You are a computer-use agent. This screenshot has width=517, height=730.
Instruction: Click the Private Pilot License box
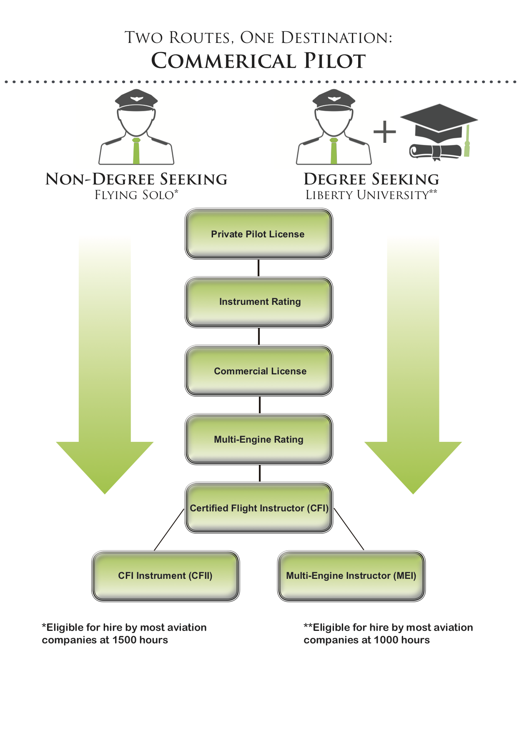click(258, 234)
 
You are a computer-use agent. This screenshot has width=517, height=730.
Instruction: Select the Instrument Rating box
click(258, 302)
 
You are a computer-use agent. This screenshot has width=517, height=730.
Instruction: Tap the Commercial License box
click(258, 371)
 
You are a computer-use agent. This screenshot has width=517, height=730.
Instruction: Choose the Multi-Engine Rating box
click(258, 439)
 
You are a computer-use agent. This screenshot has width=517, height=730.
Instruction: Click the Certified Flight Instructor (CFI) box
click(258, 508)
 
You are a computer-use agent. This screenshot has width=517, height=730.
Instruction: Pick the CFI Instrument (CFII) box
click(166, 576)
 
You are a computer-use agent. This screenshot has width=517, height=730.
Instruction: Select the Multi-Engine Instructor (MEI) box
click(351, 576)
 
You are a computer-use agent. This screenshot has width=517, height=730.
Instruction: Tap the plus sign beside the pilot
click(384, 132)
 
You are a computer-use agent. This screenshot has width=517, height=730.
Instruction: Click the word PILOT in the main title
click(334, 61)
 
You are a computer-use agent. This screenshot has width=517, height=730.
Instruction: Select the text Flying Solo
click(134, 195)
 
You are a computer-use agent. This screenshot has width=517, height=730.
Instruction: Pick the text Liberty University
click(367, 195)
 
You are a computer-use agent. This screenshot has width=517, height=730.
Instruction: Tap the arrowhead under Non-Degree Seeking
click(105, 466)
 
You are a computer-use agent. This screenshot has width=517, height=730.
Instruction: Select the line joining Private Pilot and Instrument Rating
click(258, 268)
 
